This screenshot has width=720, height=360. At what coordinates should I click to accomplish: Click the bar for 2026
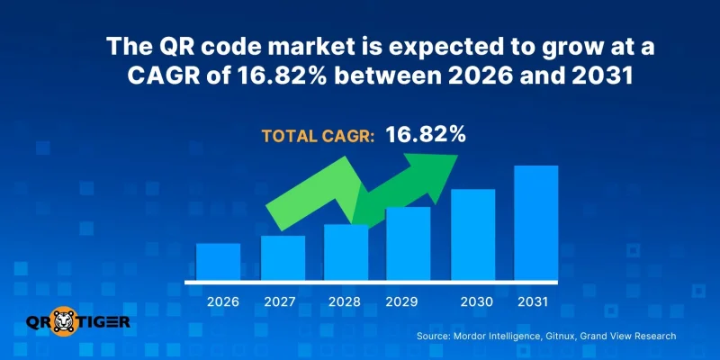tap(218, 261)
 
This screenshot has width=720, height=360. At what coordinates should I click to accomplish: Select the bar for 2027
tap(283, 257)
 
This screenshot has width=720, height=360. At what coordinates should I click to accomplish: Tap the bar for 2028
tap(346, 252)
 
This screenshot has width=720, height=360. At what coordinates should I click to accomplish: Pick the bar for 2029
tap(408, 243)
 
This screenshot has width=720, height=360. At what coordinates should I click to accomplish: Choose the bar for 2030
tap(473, 234)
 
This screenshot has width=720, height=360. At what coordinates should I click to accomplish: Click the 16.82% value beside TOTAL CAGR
tap(426, 135)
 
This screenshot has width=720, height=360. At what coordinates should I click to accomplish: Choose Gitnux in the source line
tap(561, 336)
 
